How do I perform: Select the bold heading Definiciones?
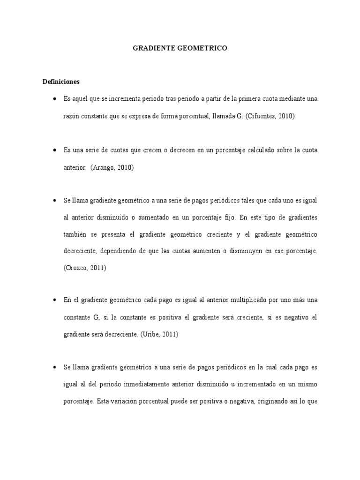tap(61, 81)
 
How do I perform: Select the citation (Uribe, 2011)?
tap(159, 335)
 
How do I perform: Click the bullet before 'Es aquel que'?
tap(55, 99)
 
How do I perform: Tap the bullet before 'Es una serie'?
tap(55, 150)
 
